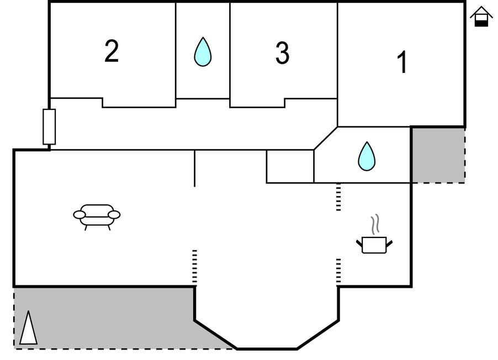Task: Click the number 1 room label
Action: click(x=402, y=62)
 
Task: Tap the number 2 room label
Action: click(x=112, y=52)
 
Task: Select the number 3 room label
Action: click(x=282, y=54)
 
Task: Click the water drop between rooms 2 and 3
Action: click(x=203, y=52)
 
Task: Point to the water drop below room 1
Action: click(x=366, y=156)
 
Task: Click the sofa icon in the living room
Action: click(x=97, y=216)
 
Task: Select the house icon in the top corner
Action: click(x=481, y=17)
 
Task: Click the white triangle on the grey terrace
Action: click(x=28, y=329)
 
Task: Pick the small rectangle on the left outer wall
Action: click(x=49, y=127)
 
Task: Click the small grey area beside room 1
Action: click(x=438, y=155)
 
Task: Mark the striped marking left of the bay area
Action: click(x=194, y=268)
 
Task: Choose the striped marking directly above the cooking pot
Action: click(x=338, y=198)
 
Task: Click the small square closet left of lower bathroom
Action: click(x=290, y=166)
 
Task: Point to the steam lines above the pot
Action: click(x=375, y=224)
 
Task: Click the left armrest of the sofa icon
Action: click(x=79, y=214)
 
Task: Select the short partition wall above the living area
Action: click(x=194, y=168)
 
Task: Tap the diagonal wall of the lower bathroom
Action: click(x=326, y=138)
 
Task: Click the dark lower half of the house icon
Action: click(x=482, y=22)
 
